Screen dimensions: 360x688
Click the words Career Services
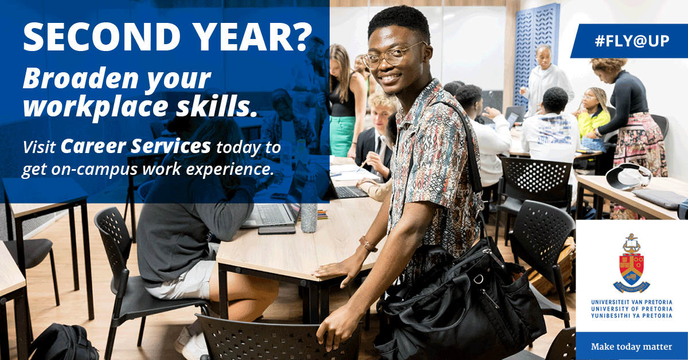coord(135,147)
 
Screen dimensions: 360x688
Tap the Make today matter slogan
coord(631,347)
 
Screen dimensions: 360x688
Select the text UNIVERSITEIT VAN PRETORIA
coord(631,302)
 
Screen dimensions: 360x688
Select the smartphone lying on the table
coord(276,230)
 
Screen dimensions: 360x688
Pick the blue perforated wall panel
coord(535,52)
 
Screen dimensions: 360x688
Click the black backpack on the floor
coord(63,343)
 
